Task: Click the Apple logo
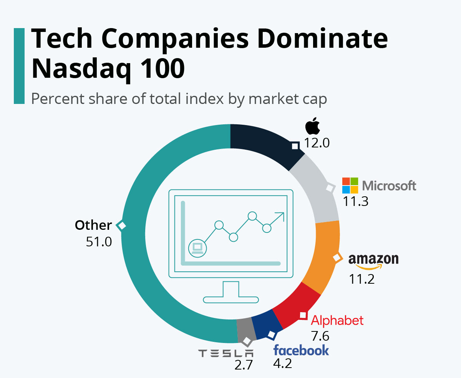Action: pos(313,127)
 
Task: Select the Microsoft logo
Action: pos(379,186)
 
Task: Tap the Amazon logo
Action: pos(373,261)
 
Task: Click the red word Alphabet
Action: pos(337,320)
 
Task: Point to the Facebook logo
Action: pos(301,350)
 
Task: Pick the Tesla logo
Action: pos(226,353)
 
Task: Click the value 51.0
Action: pos(99,242)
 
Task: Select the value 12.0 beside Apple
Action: pos(317,143)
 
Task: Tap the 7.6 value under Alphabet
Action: pos(320,336)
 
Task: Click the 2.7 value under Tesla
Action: pos(244,365)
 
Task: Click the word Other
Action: pos(93,225)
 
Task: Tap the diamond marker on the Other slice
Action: pos(122,226)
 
